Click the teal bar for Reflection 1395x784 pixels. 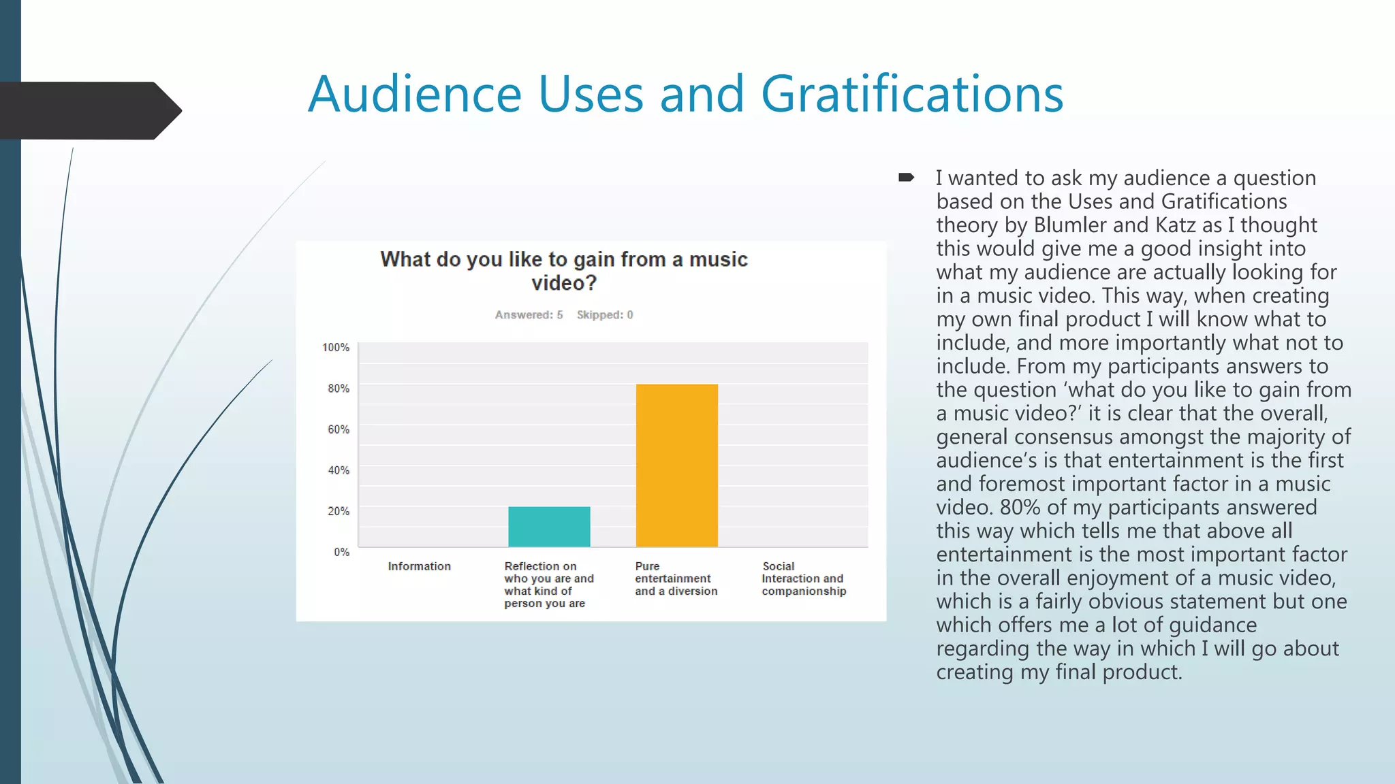(x=549, y=526)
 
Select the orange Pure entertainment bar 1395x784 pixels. (x=676, y=465)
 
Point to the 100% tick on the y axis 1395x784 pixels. (x=336, y=348)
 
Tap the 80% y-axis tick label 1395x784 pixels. (x=339, y=389)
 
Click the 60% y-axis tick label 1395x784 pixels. (x=339, y=429)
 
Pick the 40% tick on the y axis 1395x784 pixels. (x=339, y=470)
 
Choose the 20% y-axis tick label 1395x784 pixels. (x=339, y=511)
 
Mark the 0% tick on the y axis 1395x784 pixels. (x=341, y=552)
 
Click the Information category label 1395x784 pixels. (x=419, y=566)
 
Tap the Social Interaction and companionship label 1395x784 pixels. (x=804, y=578)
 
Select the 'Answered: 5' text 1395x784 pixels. (x=529, y=314)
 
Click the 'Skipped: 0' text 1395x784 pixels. (x=605, y=314)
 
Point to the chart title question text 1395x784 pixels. (x=564, y=270)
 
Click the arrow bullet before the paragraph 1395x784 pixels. (x=906, y=178)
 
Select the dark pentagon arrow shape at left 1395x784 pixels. (x=89, y=110)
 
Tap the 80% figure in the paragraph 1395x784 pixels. (x=1020, y=507)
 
